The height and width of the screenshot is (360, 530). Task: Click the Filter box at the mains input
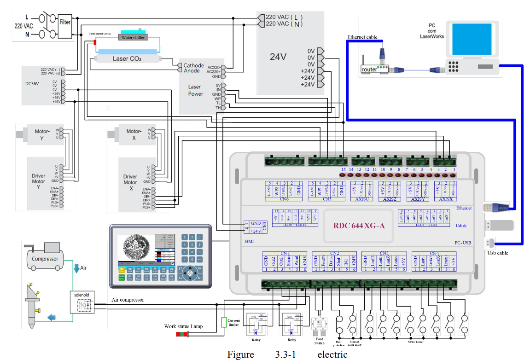(x=65, y=21)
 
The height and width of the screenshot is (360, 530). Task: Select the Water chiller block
(x=133, y=37)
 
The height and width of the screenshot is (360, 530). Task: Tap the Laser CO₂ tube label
(x=127, y=59)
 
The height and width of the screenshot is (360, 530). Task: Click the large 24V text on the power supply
(x=278, y=57)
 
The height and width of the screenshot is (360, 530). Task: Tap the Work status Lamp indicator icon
(x=183, y=333)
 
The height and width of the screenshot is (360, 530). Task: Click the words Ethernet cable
(x=362, y=37)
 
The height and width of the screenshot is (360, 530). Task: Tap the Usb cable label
(x=497, y=253)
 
